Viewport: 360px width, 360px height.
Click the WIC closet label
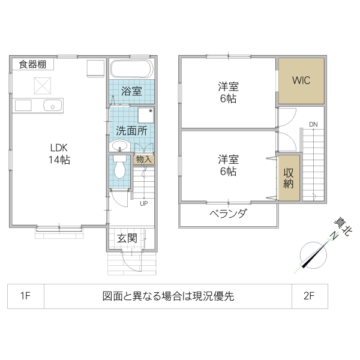pos(301,81)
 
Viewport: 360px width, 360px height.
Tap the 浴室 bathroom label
pos(131,91)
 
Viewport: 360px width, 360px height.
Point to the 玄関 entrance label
pos(127,238)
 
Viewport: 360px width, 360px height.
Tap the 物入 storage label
pos(144,159)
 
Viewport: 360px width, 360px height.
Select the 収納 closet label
pos(289,178)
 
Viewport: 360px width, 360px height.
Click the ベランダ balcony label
pos(228,215)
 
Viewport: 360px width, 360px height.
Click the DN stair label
pos(313,124)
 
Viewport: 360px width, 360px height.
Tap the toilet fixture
pos(119,169)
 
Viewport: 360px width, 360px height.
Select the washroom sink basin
pos(118,145)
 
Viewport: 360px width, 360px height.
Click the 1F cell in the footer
pos(25,295)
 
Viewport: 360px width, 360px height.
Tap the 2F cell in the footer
pos(309,295)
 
